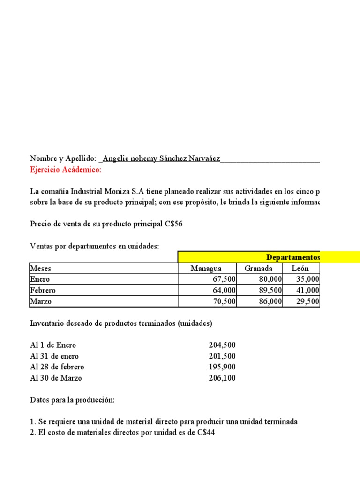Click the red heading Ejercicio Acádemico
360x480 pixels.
pyautogui.click(x=65, y=170)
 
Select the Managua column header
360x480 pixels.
pyautogui.click(x=206, y=269)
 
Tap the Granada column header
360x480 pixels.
pyautogui.click(x=258, y=269)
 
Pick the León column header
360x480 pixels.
pyautogui.click(x=300, y=269)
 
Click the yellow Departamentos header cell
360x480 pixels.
pyautogui.click(x=293, y=257)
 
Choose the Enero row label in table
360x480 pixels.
pyautogui.click(x=40, y=279)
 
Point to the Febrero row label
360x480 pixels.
pyautogui.click(x=43, y=290)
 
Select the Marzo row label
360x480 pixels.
pyautogui.click(x=41, y=301)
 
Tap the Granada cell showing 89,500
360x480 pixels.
pyautogui.click(x=270, y=290)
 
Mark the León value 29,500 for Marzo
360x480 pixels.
pyautogui.click(x=307, y=301)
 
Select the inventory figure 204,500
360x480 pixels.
pyautogui.click(x=222, y=345)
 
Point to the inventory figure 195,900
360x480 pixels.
pyautogui.click(x=222, y=367)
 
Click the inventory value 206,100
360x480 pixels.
pyautogui.click(x=222, y=378)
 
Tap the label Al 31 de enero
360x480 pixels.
pyautogui.click(x=54, y=356)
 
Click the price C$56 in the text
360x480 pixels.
pyautogui.click(x=173, y=224)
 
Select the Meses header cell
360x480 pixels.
pyautogui.click(x=41, y=269)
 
